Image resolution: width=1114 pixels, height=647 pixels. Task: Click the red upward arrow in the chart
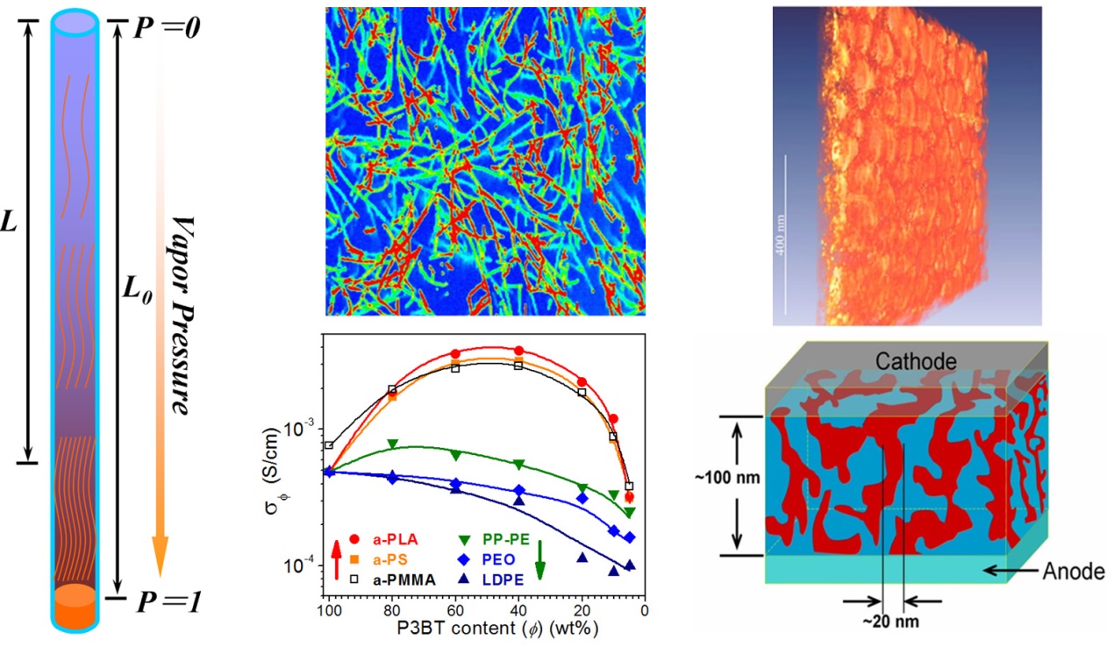click(x=336, y=558)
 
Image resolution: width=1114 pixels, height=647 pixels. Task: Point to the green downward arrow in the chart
click(x=541, y=558)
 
